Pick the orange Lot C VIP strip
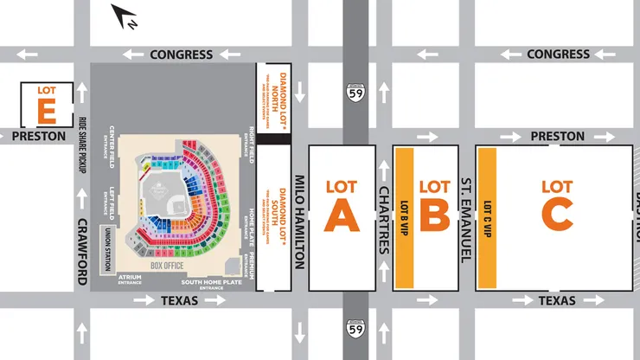point(487,218)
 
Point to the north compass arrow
point(125,16)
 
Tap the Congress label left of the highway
point(181,55)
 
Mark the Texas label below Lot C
point(556,300)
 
